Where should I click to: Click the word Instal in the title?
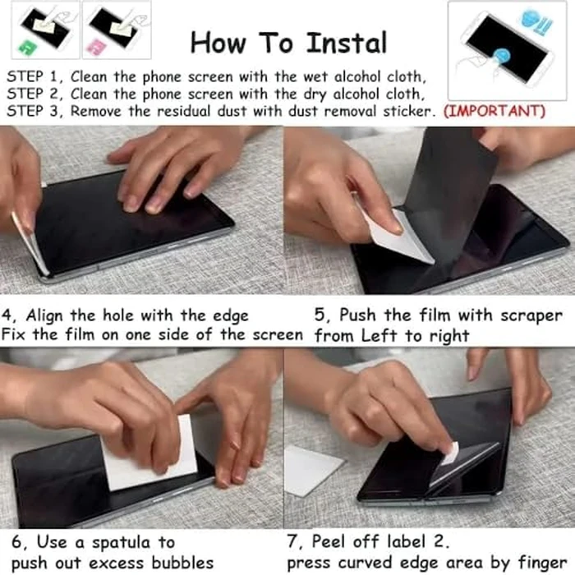coord(347,44)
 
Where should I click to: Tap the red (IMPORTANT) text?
coord(494,111)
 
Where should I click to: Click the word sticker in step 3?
coord(407,111)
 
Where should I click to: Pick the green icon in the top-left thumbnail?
coord(27,47)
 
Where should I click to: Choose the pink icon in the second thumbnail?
coord(97,47)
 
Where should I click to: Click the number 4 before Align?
coord(6,315)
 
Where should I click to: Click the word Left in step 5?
coord(379,335)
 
